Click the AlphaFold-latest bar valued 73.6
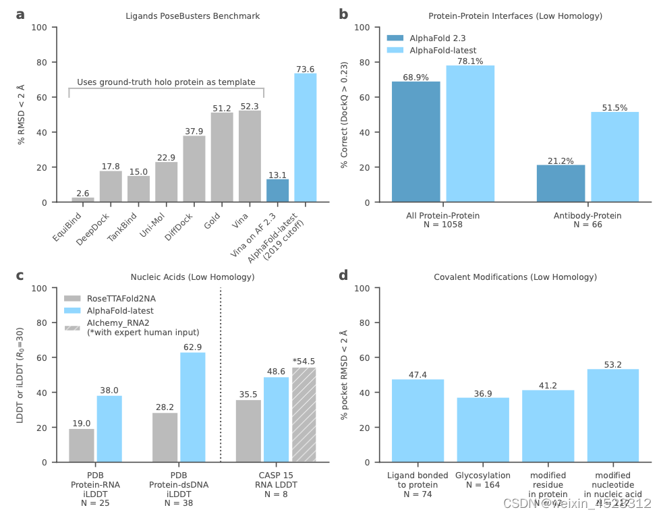305,138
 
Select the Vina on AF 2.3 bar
277,190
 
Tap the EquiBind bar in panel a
83,200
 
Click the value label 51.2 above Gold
222,108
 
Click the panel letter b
343,13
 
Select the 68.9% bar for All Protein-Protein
416,142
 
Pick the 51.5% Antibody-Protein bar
614,156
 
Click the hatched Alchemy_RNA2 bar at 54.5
304,415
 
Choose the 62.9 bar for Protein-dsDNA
192,407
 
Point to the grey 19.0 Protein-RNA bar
82,445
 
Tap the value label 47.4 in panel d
418,374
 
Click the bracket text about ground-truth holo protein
166,82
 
